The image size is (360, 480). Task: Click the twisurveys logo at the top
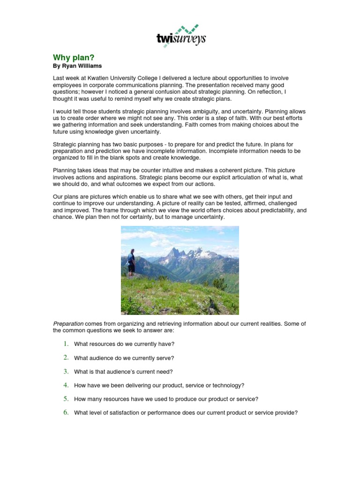click(x=180, y=35)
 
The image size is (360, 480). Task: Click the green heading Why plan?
click(x=74, y=57)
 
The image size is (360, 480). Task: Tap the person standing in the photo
click(x=132, y=262)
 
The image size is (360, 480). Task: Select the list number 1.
click(x=66, y=344)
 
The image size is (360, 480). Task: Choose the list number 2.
click(x=66, y=358)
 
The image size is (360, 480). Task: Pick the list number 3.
click(x=66, y=371)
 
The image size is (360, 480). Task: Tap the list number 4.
click(x=66, y=385)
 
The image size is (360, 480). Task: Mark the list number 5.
click(x=66, y=399)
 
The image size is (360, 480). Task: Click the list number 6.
click(x=66, y=412)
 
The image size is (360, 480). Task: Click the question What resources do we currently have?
click(x=124, y=344)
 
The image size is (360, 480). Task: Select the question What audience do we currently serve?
click(x=124, y=358)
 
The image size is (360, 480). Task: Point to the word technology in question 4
click(x=228, y=385)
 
